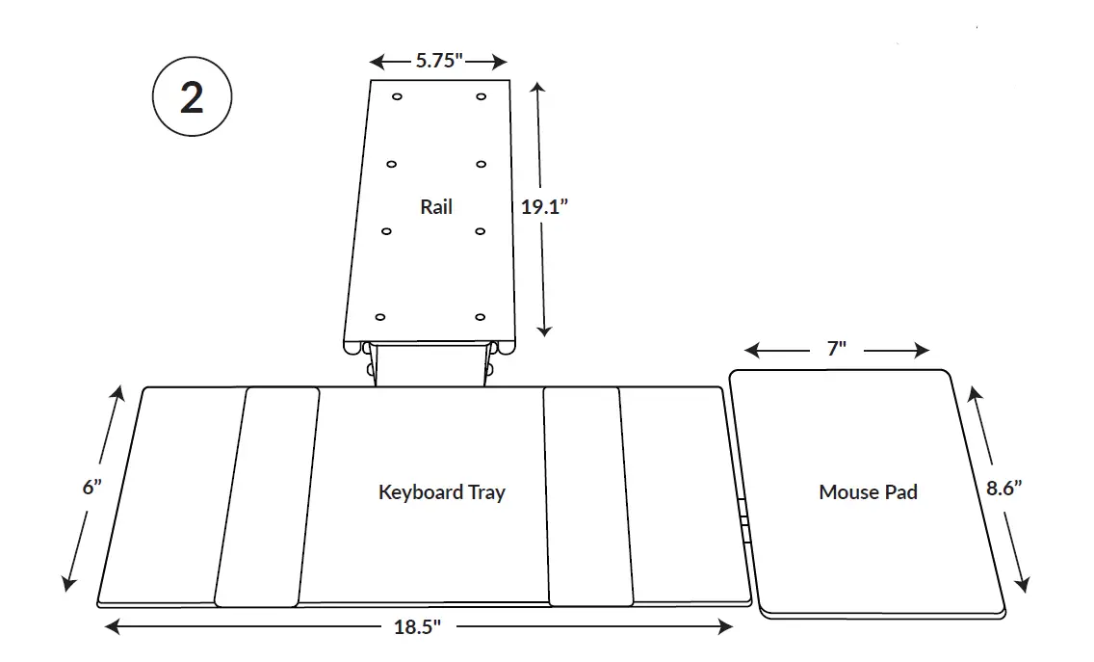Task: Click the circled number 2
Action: click(x=192, y=98)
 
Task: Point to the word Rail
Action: click(x=436, y=206)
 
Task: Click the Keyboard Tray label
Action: click(x=441, y=492)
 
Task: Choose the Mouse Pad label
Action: click(x=868, y=492)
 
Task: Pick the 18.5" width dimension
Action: click(x=417, y=627)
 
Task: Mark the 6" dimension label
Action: click(x=92, y=488)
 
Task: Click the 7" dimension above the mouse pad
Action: click(x=836, y=349)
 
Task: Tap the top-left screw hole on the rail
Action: click(x=397, y=96)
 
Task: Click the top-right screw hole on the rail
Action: click(x=481, y=96)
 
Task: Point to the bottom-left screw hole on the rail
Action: click(x=379, y=317)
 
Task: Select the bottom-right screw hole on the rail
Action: click(x=480, y=317)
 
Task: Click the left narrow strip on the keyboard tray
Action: click(x=268, y=496)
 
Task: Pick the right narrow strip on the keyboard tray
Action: click(x=587, y=496)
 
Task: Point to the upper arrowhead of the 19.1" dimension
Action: click(x=538, y=88)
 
